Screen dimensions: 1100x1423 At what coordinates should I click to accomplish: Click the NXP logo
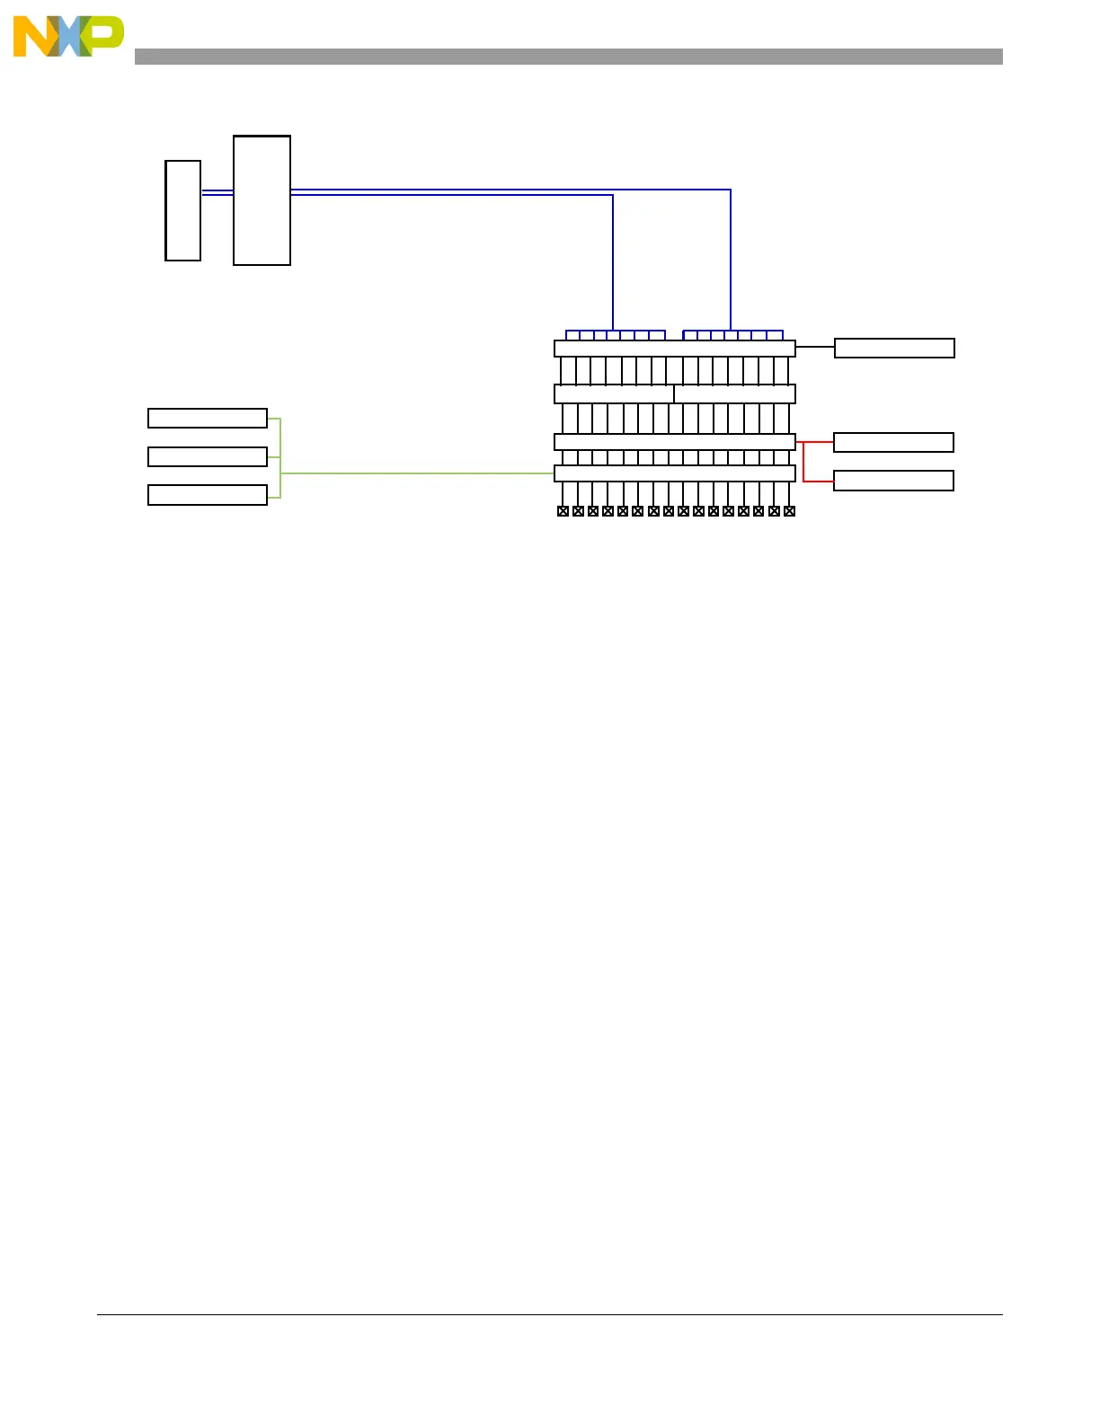pyautogui.click(x=67, y=37)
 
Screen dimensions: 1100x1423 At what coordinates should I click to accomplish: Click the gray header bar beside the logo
pyautogui.click(x=568, y=57)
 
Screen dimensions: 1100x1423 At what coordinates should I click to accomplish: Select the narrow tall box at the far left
pyautogui.click(x=183, y=211)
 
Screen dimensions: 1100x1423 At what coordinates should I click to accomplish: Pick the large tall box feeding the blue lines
pyautogui.click(x=262, y=200)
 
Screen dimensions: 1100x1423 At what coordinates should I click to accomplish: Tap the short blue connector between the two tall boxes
pyautogui.click(x=217, y=192)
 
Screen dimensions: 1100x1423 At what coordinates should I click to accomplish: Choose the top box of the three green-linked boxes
pyautogui.click(x=208, y=418)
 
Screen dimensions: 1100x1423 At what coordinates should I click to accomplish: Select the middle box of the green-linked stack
pyautogui.click(x=208, y=456)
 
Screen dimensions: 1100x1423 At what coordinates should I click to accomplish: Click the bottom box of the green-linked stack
pyautogui.click(x=208, y=495)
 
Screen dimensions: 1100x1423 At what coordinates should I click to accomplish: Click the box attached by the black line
pyautogui.click(x=894, y=348)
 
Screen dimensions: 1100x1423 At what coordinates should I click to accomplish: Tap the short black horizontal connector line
pyautogui.click(x=815, y=347)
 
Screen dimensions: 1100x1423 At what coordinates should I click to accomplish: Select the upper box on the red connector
pyautogui.click(x=893, y=442)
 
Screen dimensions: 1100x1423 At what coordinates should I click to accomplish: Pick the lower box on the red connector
pyautogui.click(x=893, y=481)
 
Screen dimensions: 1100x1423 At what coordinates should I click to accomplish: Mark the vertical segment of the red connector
pyautogui.click(x=803, y=462)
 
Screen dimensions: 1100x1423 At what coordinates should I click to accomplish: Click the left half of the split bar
pyautogui.click(x=614, y=393)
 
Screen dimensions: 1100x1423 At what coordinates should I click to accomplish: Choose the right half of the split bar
pyautogui.click(x=735, y=393)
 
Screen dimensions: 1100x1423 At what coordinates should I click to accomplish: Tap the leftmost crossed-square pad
pyautogui.click(x=563, y=511)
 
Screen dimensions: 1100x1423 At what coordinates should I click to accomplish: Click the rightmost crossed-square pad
pyautogui.click(x=789, y=511)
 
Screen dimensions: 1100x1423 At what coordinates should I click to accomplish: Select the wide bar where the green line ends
pyautogui.click(x=675, y=473)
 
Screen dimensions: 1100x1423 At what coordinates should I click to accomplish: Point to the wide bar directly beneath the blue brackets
pyautogui.click(x=675, y=349)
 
